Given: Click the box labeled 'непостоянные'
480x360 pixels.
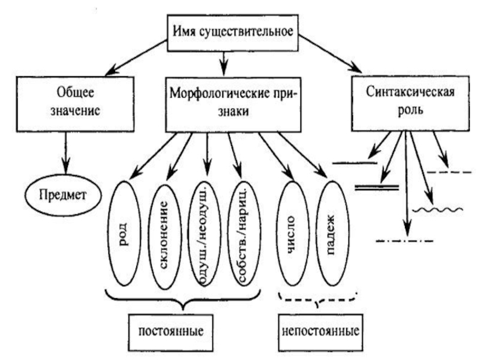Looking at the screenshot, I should pos(320,331).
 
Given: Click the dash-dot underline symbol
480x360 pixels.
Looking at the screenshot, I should pos(404,241).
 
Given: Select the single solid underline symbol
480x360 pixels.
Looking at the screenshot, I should pos(355,162).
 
